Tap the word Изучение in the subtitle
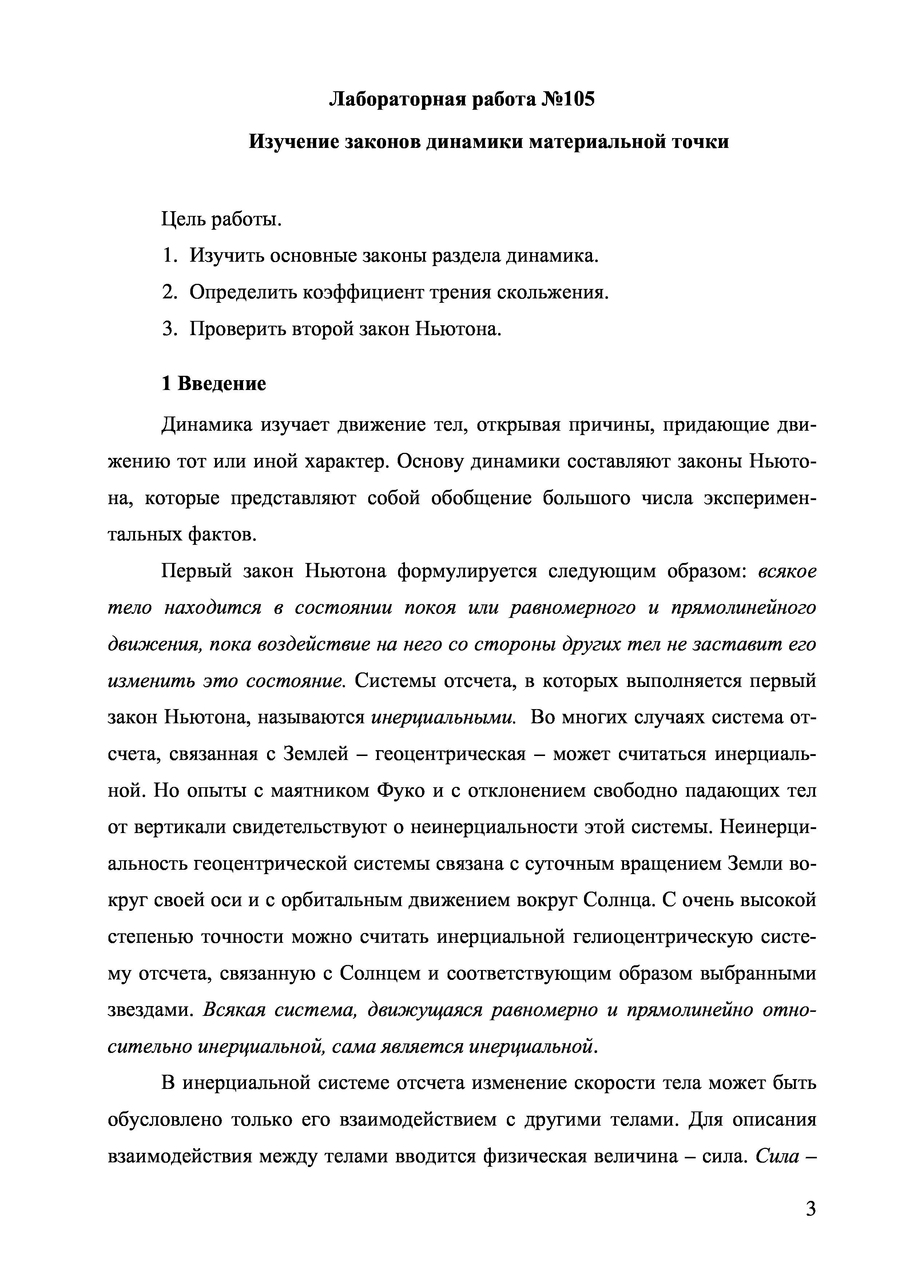click(x=293, y=142)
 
